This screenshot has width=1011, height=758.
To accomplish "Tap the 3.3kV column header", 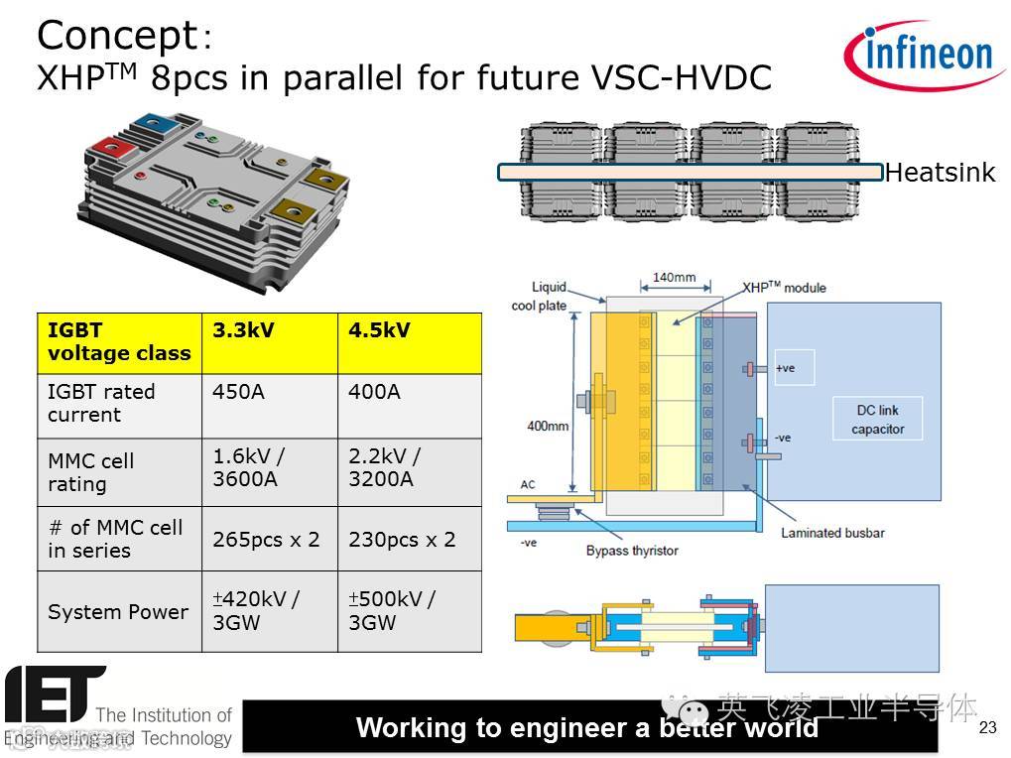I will [243, 330].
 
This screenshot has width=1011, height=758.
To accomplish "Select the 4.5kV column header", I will [379, 330].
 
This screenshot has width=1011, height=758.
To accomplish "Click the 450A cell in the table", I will [238, 392].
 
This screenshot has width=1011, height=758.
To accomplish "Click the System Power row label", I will [118, 612].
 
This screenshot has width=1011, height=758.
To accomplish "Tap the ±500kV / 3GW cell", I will [392, 611].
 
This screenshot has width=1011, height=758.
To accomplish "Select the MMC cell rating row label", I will [90, 472].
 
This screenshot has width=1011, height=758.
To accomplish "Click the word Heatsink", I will [940, 173].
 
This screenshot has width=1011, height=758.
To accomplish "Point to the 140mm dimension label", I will [674, 278].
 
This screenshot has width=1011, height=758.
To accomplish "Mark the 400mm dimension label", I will [548, 426].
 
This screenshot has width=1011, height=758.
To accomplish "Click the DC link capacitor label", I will [878, 420].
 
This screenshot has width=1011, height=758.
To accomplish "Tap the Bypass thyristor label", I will [632, 551].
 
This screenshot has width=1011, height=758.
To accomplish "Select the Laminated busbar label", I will [832, 533].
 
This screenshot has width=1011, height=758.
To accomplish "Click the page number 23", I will [986, 727].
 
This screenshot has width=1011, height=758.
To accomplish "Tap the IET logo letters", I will [55, 694].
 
